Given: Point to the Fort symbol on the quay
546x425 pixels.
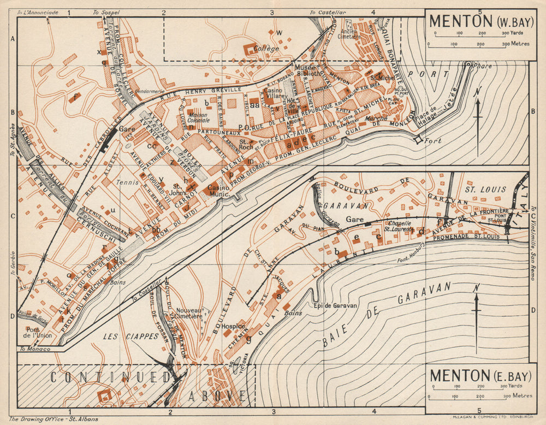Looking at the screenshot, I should pyautogui.click(x=419, y=140).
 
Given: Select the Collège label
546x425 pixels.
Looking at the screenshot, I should pyautogui.click(x=266, y=48).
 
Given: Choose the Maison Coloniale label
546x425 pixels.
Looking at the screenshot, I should pyautogui.click(x=200, y=117).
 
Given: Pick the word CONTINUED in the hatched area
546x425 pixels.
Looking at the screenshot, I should pyautogui.click(x=111, y=377).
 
